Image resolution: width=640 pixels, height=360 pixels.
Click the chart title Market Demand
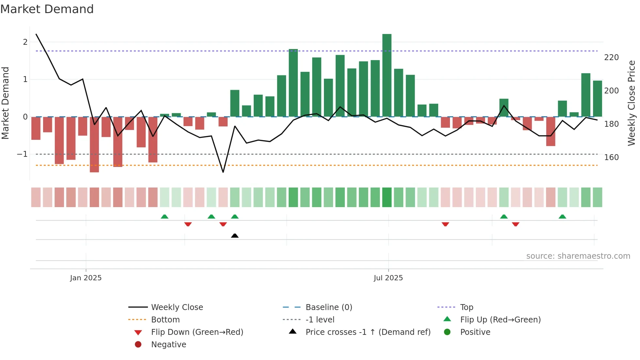[x=47, y=9]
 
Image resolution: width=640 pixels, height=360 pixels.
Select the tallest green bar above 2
[x=387, y=75]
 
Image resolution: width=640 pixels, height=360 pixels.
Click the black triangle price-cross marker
[x=235, y=236]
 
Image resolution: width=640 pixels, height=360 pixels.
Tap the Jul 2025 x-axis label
[x=388, y=278]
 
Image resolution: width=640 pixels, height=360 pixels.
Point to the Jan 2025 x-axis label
[x=86, y=278]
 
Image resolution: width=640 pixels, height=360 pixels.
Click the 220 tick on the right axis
[x=611, y=57]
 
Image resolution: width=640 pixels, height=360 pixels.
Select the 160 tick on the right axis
[x=611, y=157]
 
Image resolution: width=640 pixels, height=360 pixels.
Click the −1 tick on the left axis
[x=23, y=154]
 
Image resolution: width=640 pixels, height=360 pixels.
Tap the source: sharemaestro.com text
[x=578, y=256]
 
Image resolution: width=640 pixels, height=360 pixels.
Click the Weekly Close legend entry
[x=177, y=307]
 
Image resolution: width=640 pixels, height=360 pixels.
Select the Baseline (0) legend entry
[x=328, y=307]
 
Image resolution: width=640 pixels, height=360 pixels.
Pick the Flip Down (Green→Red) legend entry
[x=197, y=332]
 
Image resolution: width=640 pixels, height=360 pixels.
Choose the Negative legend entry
[x=168, y=345]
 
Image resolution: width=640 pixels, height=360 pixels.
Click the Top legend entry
[x=467, y=307]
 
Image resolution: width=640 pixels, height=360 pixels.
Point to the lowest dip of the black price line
[x=223, y=172]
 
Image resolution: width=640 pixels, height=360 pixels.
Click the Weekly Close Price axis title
[x=632, y=103]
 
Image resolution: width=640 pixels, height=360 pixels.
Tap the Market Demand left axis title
[x=5, y=103]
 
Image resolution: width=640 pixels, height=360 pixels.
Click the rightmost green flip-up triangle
[x=562, y=217]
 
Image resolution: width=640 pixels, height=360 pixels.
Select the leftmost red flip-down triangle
[x=188, y=224]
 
